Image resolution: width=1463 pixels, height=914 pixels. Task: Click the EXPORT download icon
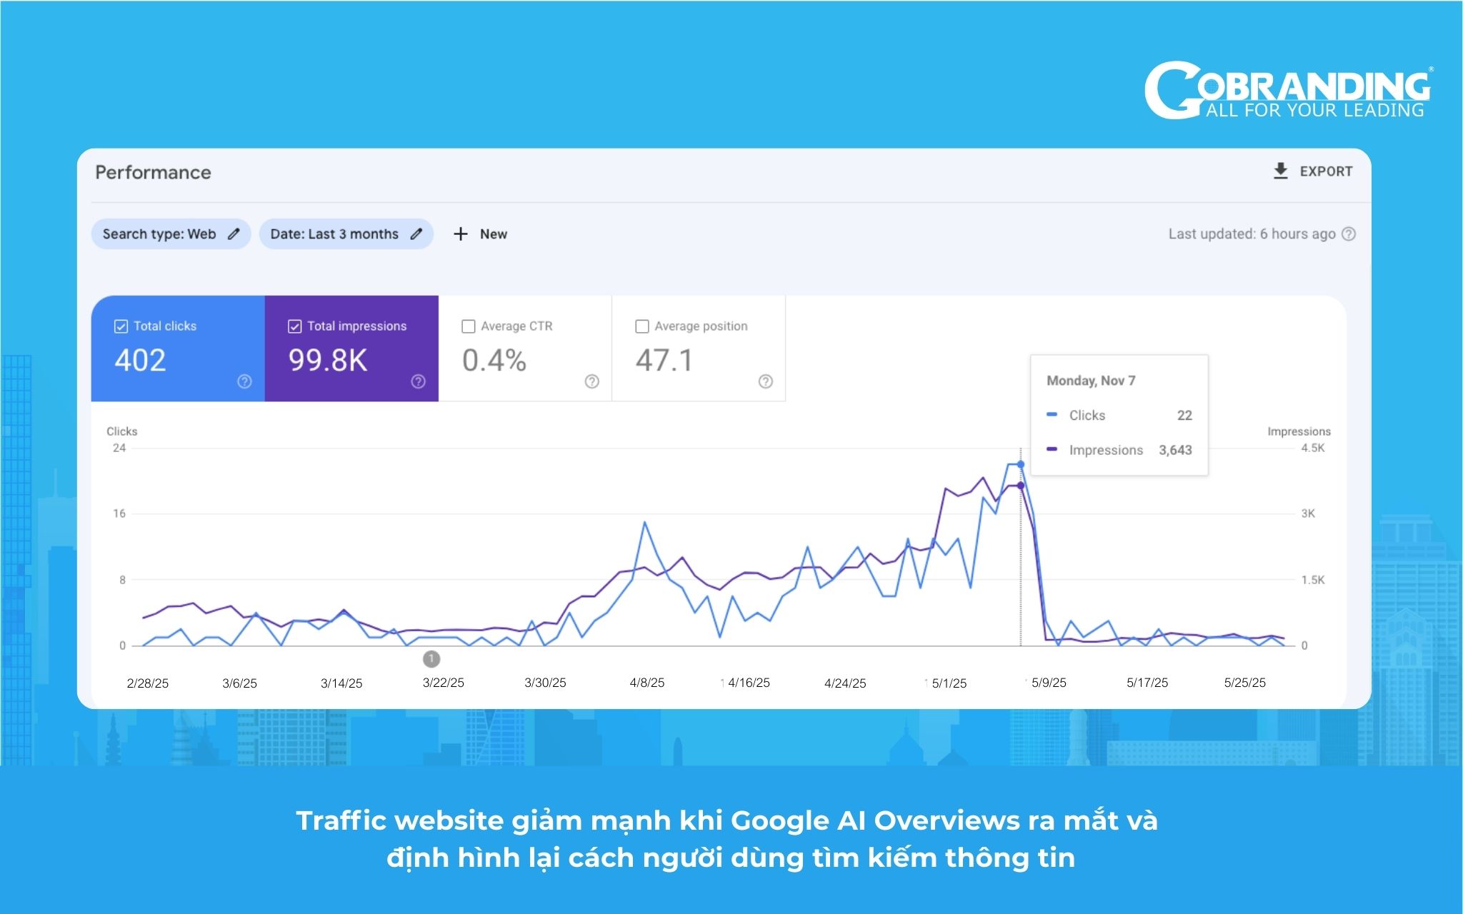1280,171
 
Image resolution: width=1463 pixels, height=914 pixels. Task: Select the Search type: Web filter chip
171,234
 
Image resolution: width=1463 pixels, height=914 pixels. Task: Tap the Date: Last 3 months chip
346,234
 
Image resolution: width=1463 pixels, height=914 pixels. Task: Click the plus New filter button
480,234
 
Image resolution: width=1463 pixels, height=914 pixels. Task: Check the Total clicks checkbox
121,326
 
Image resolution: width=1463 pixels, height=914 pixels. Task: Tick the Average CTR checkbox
469,326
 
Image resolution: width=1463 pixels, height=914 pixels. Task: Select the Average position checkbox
642,326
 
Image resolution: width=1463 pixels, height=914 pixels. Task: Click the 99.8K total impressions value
328,361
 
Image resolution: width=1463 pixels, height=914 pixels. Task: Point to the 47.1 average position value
664,361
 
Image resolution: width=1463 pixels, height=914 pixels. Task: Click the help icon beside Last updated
1349,234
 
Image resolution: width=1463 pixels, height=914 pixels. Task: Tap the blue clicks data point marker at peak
1021,465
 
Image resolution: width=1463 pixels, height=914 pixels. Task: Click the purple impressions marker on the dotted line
1021,486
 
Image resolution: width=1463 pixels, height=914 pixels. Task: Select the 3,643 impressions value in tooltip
1175,450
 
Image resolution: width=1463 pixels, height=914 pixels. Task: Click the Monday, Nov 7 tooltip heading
1091,381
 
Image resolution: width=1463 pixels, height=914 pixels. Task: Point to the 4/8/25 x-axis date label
647,683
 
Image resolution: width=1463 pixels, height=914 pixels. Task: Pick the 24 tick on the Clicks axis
119,448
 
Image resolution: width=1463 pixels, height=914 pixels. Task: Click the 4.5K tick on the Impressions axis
1313,448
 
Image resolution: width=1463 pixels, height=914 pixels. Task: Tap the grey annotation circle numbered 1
431,658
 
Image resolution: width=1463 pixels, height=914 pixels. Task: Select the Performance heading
153,172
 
